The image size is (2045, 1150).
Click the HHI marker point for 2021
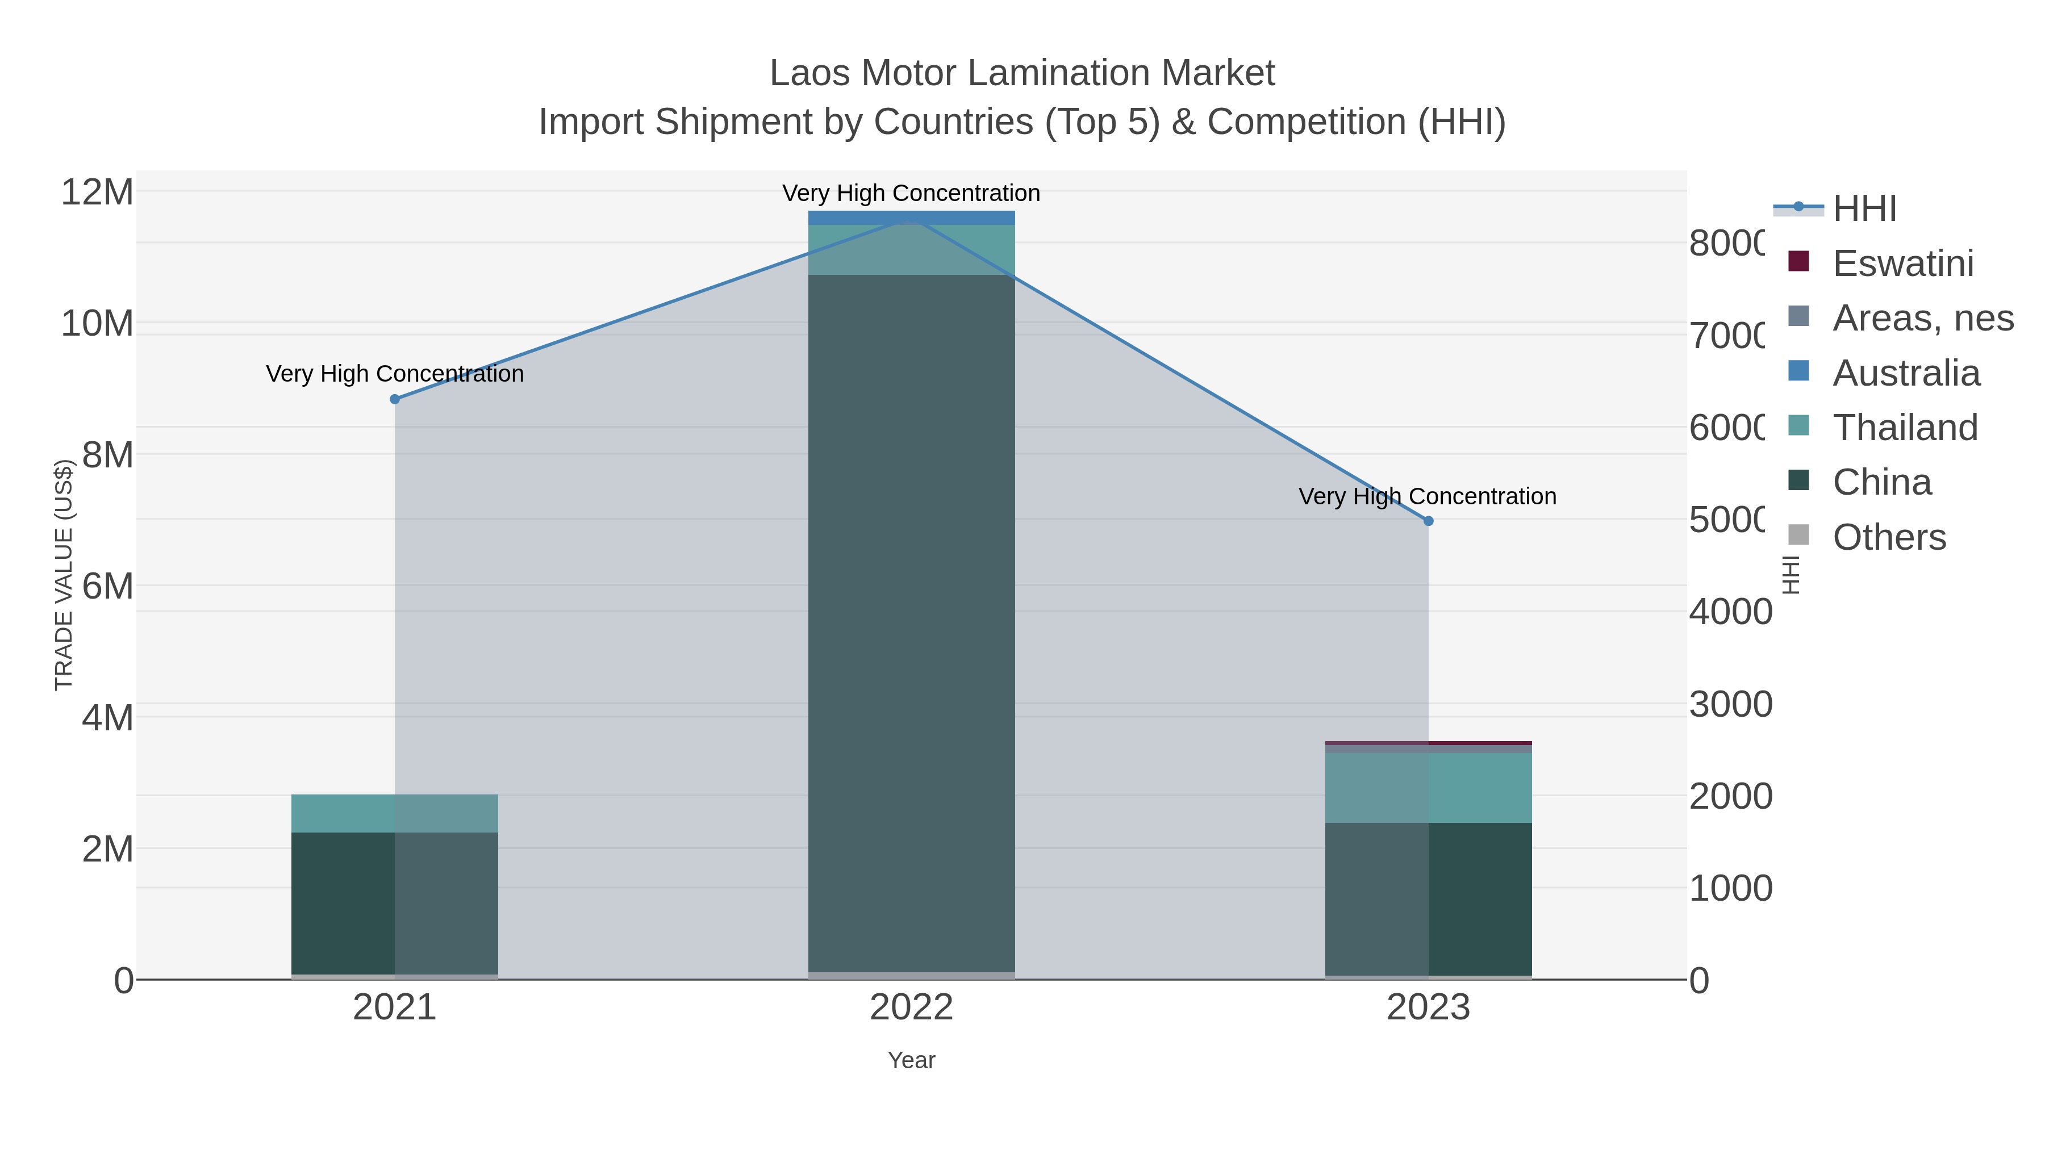click(x=395, y=399)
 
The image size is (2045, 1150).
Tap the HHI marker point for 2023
click(x=1428, y=521)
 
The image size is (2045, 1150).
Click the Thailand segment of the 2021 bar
click(x=395, y=813)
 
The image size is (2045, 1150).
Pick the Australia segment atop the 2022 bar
click(x=911, y=218)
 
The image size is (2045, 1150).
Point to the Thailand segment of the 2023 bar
click(x=1428, y=787)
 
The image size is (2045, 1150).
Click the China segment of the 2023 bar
click(x=1428, y=899)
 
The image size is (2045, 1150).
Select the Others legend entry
click(x=1889, y=537)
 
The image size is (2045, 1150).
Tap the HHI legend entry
click(x=1864, y=209)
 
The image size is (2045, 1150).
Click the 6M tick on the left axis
click(x=107, y=587)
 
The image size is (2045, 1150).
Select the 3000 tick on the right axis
click(x=1730, y=705)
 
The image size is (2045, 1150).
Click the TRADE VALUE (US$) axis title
click(x=64, y=575)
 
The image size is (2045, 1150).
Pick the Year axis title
click(x=911, y=1060)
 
